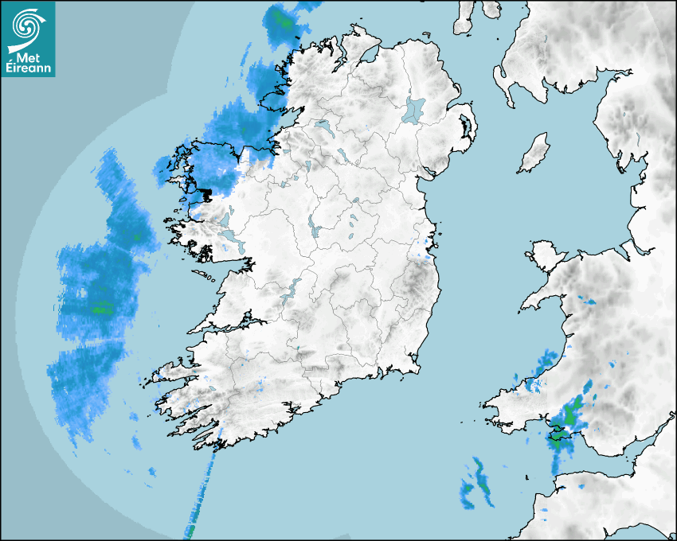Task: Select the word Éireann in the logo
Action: [27, 69]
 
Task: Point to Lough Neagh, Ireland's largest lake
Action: [415, 109]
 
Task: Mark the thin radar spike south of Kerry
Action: [202, 493]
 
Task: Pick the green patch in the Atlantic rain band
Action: [100, 306]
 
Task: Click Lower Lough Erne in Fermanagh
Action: [323, 126]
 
